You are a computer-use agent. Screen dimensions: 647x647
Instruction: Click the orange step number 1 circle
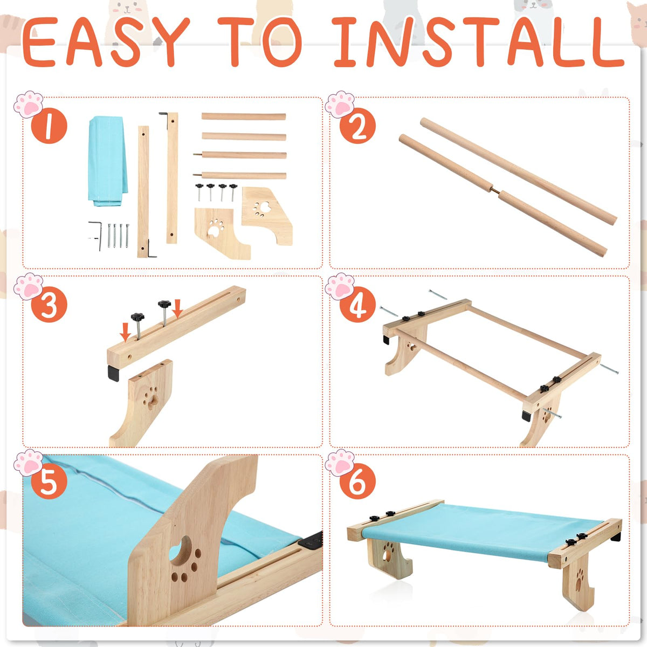(49, 126)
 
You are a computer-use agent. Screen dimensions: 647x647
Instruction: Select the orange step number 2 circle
(357, 126)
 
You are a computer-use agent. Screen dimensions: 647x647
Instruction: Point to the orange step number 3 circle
(49, 305)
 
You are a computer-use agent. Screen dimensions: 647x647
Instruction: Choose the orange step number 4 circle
(357, 305)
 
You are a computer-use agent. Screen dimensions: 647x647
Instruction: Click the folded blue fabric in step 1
(108, 161)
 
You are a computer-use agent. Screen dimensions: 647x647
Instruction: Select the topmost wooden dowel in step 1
(243, 116)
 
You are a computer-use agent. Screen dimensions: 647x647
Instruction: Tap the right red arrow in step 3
(177, 308)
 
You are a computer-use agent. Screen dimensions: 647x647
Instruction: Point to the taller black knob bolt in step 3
(164, 313)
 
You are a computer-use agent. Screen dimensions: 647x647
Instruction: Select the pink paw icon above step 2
(340, 104)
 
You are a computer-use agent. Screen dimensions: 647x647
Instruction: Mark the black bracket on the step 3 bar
(113, 373)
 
